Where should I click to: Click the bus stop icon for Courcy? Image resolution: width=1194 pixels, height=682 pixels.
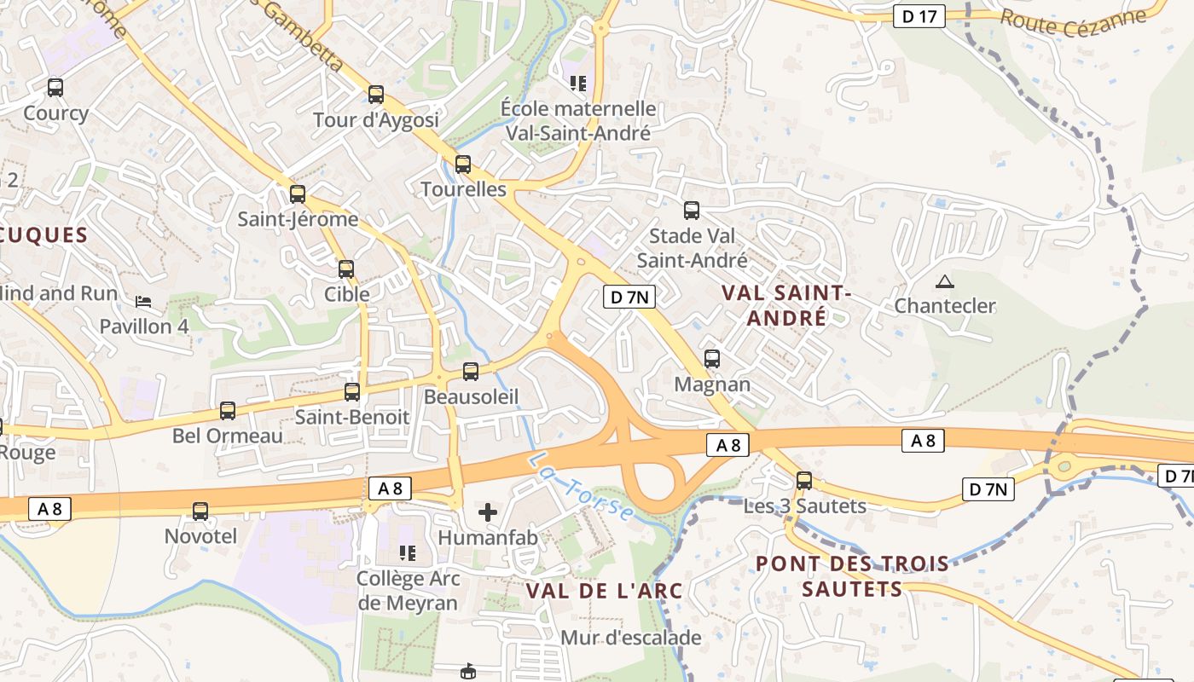55,87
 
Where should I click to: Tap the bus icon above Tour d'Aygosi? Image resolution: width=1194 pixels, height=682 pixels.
376,94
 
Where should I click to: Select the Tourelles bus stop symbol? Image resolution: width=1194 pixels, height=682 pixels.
463,164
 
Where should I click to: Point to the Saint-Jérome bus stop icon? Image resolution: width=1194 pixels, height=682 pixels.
298,194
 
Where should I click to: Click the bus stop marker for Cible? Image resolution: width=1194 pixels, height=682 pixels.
346,269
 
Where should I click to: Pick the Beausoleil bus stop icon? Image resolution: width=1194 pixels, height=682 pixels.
471,371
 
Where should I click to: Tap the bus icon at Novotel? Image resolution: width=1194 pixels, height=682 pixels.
200,511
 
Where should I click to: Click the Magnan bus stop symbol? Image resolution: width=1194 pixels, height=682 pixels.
712,359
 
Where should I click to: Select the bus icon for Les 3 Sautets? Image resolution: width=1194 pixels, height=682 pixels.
804,480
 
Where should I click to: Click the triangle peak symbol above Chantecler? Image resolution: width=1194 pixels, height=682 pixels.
944,281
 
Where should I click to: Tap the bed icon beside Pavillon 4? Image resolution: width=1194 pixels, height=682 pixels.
143,301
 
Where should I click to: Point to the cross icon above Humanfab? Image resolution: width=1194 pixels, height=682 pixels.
488,511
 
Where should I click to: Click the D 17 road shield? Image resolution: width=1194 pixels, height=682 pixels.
919,15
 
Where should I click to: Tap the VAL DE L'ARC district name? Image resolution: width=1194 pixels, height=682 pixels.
604,590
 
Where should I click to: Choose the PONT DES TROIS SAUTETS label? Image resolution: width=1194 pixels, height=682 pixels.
852,576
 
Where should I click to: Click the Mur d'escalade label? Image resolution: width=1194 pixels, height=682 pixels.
630,637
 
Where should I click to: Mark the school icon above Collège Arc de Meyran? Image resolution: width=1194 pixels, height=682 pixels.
409,552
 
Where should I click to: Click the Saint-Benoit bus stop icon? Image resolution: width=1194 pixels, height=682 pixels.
352,392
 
